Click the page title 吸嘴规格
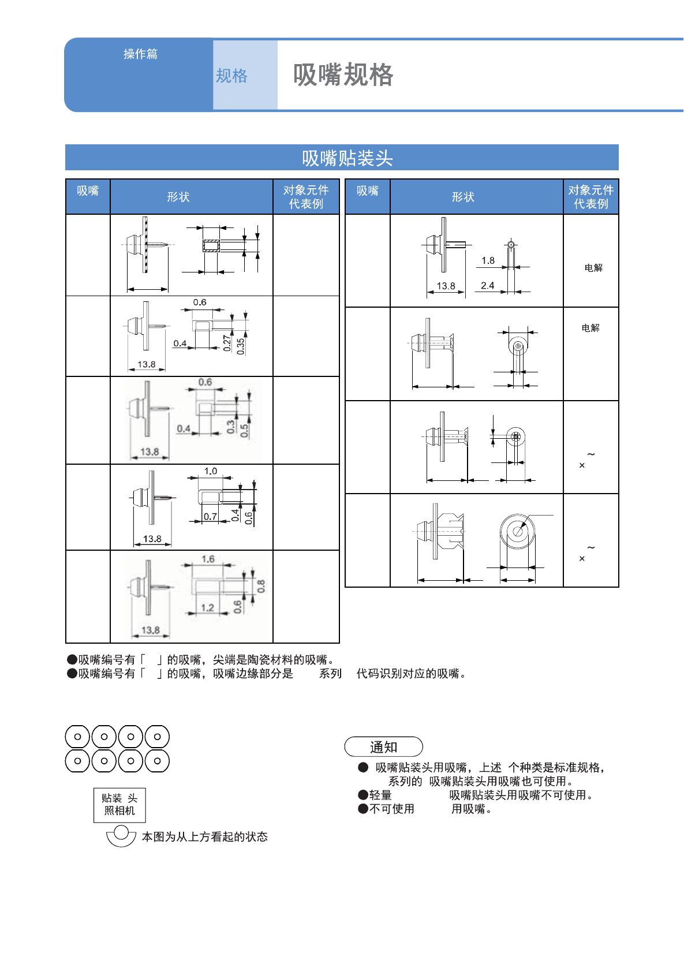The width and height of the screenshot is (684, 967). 343,75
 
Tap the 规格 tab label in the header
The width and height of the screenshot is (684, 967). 231,76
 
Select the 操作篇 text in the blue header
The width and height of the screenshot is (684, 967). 140,54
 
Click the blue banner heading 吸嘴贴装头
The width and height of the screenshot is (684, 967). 347,158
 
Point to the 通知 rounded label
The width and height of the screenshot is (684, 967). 383,747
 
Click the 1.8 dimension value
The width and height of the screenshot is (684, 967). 488,260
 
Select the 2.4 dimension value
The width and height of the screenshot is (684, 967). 487,285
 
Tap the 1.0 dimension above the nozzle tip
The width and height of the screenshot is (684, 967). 210,471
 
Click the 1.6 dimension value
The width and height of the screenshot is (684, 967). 208,559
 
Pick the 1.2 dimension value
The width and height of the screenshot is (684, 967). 207,607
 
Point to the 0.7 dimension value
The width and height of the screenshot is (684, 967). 210,517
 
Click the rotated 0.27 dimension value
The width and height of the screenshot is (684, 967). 227,344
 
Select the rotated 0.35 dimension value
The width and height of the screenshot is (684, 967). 241,346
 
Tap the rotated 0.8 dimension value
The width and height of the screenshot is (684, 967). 261,587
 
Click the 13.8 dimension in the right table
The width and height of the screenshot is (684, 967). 446,286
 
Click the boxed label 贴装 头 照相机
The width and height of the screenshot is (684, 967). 119,805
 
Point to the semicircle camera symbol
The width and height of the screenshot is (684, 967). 121,835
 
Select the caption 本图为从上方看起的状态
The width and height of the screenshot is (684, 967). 205,837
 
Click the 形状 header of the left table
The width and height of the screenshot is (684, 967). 178,197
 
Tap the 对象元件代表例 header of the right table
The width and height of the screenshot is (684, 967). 590,197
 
